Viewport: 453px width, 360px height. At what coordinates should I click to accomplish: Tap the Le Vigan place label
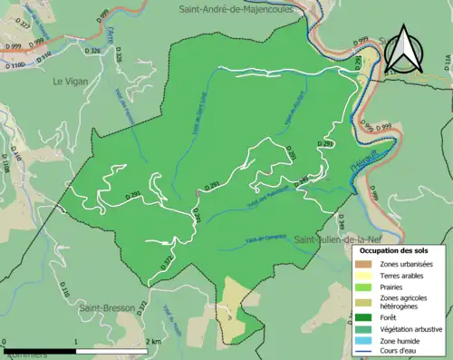click(x=69, y=81)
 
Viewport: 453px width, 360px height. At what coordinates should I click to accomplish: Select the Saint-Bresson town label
click(x=106, y=307)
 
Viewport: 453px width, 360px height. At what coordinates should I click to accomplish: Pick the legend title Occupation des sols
click(x=399, y=250)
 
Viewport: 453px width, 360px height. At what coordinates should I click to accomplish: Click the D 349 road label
click(x=341, y=201)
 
